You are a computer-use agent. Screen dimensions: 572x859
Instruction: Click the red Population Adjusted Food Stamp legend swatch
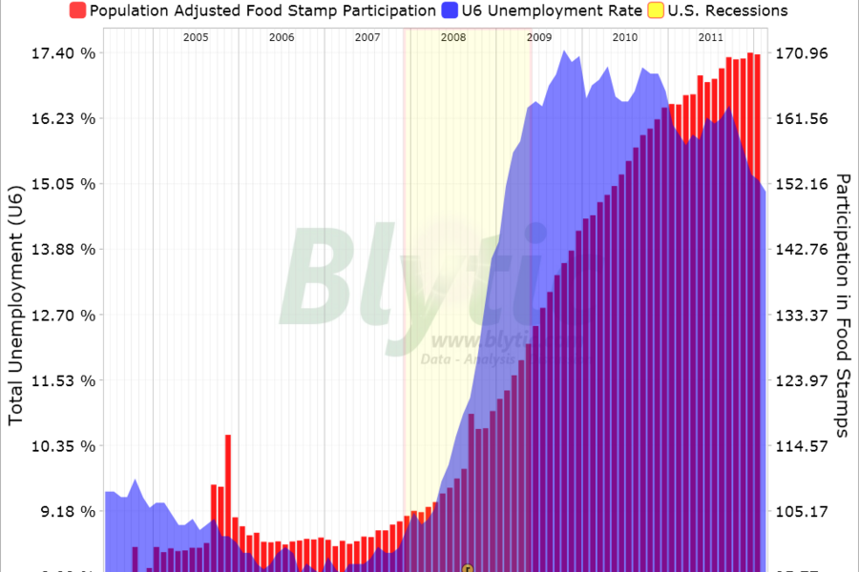coord(77,10)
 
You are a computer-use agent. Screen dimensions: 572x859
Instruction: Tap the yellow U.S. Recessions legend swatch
coord(658,10)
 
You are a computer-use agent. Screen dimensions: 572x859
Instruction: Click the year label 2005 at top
coord(196,37)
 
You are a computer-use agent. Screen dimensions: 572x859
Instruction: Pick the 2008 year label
coord(453,37)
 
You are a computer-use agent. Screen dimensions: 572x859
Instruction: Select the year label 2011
coord(710,37)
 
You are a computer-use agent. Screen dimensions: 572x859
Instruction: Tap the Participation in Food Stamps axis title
coord(842,305)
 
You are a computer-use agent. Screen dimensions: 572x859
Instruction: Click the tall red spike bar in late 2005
coord(228,477)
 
